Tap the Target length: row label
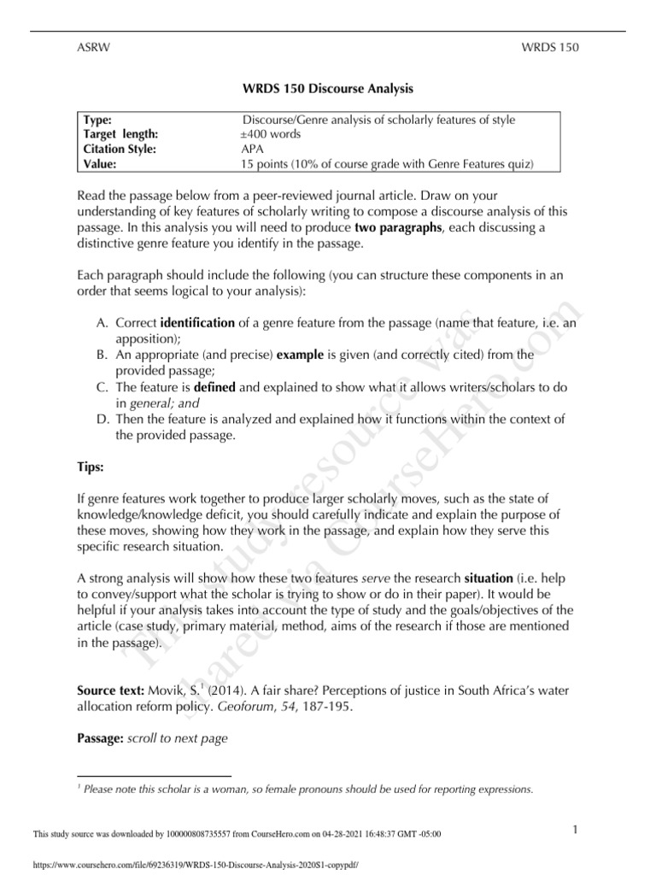coord(120,134)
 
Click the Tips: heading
coord(91,470)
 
